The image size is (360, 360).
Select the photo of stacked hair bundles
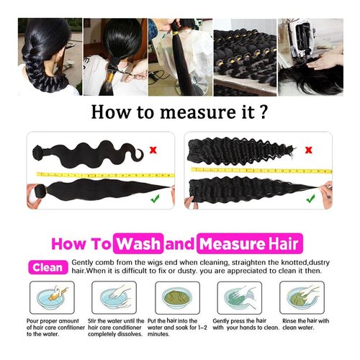pyautogui.click(x=246, y=58)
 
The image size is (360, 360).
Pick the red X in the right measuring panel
pyautogui.click(x=310, y=150)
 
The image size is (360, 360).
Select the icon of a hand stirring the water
pyautogui.click(x=112, y=298)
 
